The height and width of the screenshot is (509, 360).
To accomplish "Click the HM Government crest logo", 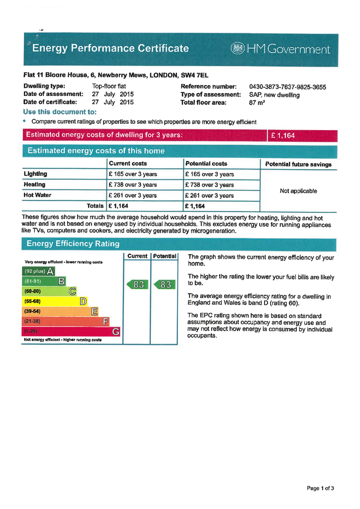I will (239, 49).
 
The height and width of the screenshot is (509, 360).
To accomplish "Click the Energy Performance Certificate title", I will (110, 48).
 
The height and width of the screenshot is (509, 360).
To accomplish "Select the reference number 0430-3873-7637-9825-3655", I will (287, 87).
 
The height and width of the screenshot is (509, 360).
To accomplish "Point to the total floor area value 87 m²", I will (257, 103).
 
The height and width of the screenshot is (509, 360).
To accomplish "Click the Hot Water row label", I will (37, 195).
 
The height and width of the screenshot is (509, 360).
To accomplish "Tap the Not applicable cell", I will (298, 191).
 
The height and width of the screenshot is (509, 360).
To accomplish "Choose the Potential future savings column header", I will (298, 164).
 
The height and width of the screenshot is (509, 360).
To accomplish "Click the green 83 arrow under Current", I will (138, 285).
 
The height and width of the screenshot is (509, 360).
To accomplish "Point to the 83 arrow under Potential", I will (165, 285).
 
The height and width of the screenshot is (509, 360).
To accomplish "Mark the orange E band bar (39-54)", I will (60, 311).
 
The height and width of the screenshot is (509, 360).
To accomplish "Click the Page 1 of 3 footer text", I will (320, 488).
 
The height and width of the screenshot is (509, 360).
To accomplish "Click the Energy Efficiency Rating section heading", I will (73, 244).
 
